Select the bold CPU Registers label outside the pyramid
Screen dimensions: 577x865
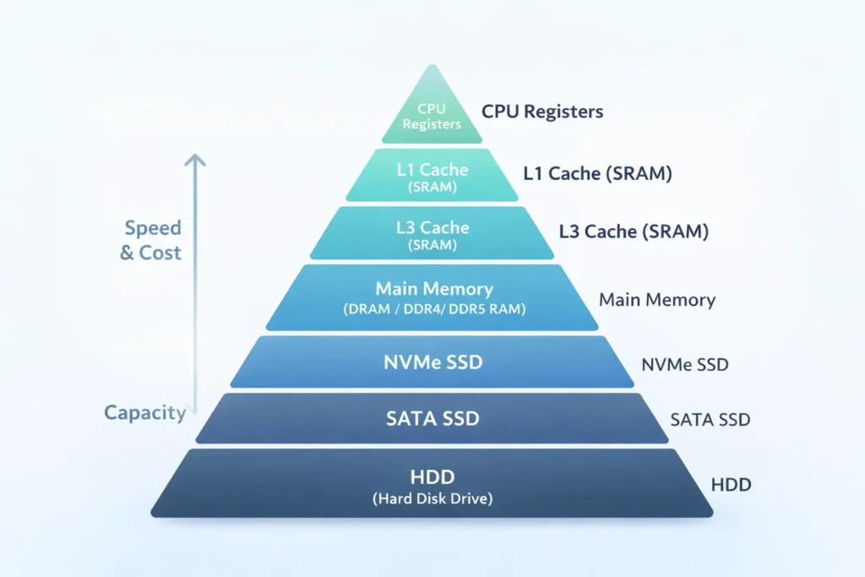pyautogui.click(x=542, y=112)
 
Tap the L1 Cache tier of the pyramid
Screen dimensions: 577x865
pyautogui.click(x=432, y=176)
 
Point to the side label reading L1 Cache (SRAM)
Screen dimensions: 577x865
pyautogui.click(x=597, y=174)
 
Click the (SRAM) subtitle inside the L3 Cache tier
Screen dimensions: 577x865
pyautogui.click(x=432, y=245)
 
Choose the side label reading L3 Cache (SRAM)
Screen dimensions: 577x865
pyautogui.click(x=634, y=231)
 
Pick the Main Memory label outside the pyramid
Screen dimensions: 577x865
pyautogui.click(x=657, y=300)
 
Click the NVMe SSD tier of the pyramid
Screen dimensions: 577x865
pyautogui.click(x=432, y=362)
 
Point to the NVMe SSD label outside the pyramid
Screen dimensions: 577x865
pyautogui.click(x=685, y=366)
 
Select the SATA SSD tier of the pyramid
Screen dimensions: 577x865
pyautogui.click(x=432, y=418)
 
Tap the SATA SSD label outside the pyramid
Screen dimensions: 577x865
pyautogui.click(x=710, y=419)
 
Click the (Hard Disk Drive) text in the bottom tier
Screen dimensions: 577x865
pyautogui.click(x=432, y=498)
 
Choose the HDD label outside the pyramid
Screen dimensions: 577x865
pyautogui.click(x=732, y=485)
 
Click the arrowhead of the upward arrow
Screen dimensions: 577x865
pyautogui.click(x=195, y=161)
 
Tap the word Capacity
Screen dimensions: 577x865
pyautogui.click(x=144, y=412)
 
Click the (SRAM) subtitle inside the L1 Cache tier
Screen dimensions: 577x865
pyautogui.click(x=432, y=188)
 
